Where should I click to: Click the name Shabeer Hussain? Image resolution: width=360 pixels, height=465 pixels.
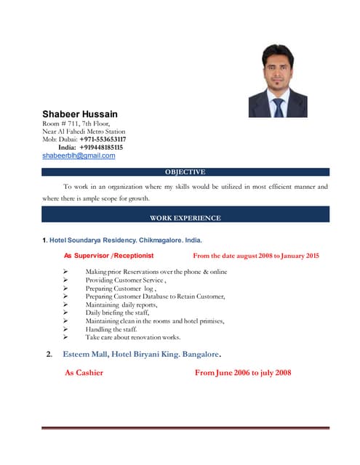tap(80, 114)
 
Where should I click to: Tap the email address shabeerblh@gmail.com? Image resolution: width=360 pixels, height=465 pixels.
tap(79, 155)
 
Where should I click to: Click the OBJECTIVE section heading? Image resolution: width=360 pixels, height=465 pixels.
tap(185, 172)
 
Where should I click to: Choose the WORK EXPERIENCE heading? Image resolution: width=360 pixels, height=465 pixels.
tap(185, 218)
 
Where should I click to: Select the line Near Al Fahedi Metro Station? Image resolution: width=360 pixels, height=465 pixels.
tap(84, 132)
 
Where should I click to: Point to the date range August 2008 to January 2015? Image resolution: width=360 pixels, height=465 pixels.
tap(255, 256)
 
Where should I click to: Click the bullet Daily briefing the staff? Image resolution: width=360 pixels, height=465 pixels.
tap(117, 312)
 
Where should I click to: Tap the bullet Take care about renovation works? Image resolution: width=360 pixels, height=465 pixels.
tap(132, 338)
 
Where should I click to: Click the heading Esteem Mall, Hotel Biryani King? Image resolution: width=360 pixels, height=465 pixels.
tap(142, 355)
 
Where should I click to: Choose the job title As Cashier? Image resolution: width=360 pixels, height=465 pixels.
tap(84, 373)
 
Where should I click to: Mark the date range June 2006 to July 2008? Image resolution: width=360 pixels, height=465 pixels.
tap(243, 373)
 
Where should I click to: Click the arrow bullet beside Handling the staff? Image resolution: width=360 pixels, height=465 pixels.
tap(66, 329)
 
